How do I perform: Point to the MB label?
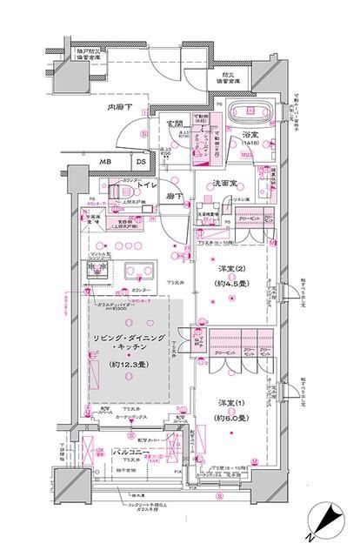(104, 162)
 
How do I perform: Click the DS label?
(139, 162)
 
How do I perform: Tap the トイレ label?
(146, 185)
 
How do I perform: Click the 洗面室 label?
(228, 185)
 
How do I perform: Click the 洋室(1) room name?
(229, 406)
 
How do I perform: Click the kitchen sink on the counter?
(136, 268)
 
